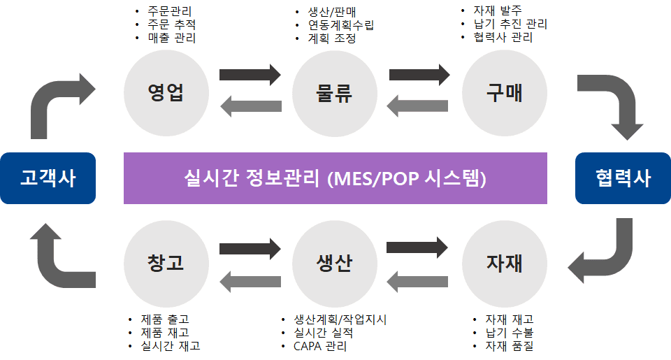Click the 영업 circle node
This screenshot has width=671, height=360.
click(166, 92)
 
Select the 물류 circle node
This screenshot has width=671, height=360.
click(334, 92)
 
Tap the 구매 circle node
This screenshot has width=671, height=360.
click(504, 92)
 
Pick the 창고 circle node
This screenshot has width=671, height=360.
click(166, 264)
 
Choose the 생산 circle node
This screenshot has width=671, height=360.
click(334, 264)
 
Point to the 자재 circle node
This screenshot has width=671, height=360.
click(504, 264)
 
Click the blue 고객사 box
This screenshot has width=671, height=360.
click(48, 178)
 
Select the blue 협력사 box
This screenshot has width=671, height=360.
click(622, 178)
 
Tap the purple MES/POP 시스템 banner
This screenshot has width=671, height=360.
click(335, 178)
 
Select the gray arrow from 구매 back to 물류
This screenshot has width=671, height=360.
click(418, 106)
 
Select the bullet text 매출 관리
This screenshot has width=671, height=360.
click(172, 38)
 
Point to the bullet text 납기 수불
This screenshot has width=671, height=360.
click(509, 333)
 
